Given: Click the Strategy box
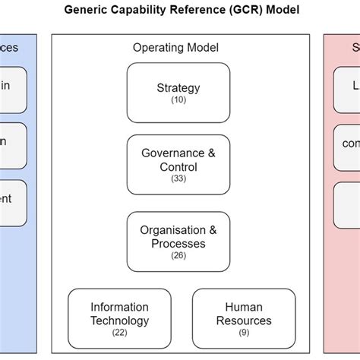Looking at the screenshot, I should point(178,93).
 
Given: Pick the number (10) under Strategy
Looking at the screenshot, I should point(178,100).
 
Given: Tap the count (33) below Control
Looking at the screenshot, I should point(178,178).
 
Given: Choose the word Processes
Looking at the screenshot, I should point(178,243).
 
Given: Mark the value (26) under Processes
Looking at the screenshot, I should point(178,255).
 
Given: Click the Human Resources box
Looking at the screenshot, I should point(243,319).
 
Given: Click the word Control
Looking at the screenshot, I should point(178,166).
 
